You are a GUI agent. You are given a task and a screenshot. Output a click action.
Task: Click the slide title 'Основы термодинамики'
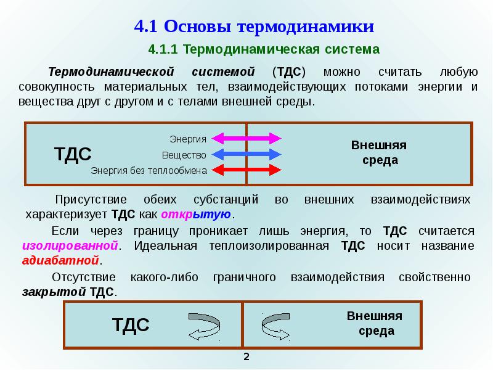pos(269,26)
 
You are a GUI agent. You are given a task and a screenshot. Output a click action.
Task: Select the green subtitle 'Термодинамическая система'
pos(281,49)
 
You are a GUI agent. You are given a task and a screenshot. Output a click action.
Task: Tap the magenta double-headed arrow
pos(246,138)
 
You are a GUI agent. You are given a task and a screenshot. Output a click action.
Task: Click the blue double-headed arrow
pos(246,155)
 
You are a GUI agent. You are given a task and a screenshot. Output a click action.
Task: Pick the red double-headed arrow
pos(246,170)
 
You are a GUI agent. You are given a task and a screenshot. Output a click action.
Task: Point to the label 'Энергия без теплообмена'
pos(149,171)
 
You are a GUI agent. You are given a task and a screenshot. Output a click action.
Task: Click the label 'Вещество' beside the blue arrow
pos(184,155)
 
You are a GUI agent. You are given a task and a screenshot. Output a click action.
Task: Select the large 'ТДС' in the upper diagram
pos(73,154)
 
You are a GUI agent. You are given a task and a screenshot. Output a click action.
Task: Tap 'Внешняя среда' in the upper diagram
pos(379,152)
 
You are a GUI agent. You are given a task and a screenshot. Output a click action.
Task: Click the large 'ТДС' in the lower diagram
pos(131,325)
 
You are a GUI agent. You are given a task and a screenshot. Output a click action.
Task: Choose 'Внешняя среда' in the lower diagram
pos(375,323)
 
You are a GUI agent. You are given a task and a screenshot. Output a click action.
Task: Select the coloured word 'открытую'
pos(196,215)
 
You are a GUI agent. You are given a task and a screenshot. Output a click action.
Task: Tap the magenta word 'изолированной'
pos(70,245)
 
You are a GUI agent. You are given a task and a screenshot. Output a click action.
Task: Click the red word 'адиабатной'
pos(60,260)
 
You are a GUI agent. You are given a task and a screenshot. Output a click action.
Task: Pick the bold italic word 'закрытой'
pos(54,292)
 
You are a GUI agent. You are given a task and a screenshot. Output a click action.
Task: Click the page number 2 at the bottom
pos(246,357)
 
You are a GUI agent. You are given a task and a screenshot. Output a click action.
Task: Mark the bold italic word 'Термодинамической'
pos(111,72)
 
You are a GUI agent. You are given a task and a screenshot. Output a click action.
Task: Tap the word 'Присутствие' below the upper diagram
pos(91,200)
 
